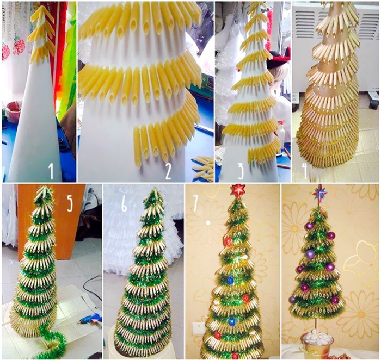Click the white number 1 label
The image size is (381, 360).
tap(51, 171)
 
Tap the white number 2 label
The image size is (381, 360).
tap(168, 171)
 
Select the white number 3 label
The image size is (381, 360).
tap(241, 171)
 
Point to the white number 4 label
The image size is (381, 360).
tap(305, 171)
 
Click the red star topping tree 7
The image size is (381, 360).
tap(238, 190)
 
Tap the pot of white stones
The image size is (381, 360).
tap(317, 344)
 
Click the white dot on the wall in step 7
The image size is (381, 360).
tap(208, 222)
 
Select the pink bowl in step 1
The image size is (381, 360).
tap(14, 111)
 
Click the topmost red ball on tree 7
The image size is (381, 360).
tap(228, 241)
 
